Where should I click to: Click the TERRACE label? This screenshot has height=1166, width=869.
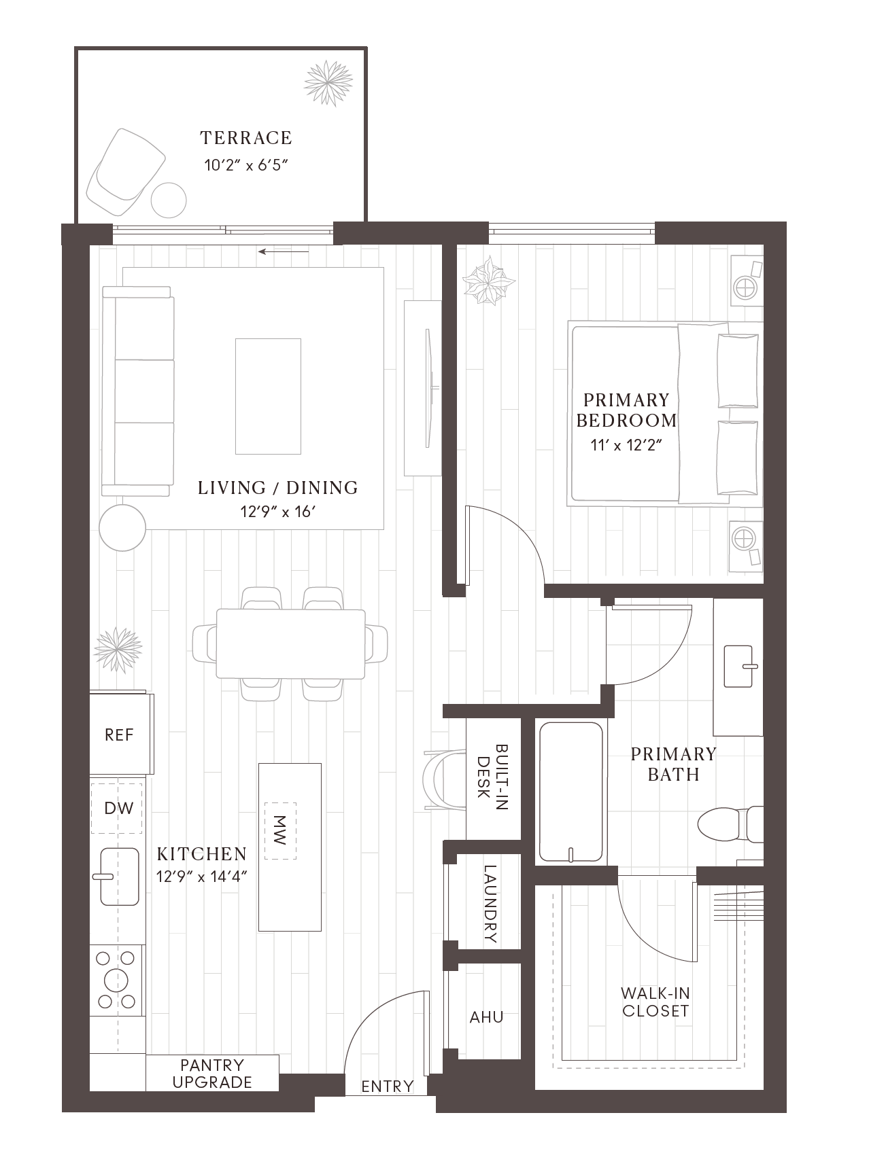click(x=246, y=138)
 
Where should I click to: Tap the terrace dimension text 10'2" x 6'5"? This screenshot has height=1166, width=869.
click(x=247, y=165)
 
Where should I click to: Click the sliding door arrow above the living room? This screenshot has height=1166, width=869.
click(x=284, y=252)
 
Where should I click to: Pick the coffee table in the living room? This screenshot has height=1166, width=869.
click(x=268, y=396)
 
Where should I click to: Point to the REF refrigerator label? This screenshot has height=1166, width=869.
click(x=119, y=735)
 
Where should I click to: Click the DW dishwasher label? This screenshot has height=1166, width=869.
click(x=119, y=808)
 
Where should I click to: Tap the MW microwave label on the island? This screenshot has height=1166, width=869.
click(x=279, y=830)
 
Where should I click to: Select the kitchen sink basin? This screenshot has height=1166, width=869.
click(x=120, y=877)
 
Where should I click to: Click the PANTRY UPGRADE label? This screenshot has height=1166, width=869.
click(x=212, y=1074)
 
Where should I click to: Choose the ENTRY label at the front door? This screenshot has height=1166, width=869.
click(x=388, y=1086)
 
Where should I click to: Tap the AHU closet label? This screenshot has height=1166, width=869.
click(x=487, y=1017)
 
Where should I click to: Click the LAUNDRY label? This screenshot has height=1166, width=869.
click(x=490, y=904)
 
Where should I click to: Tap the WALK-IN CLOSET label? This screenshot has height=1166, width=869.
click(x=655, y=1002)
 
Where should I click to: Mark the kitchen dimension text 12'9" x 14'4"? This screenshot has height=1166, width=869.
click(x=201, y=877)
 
